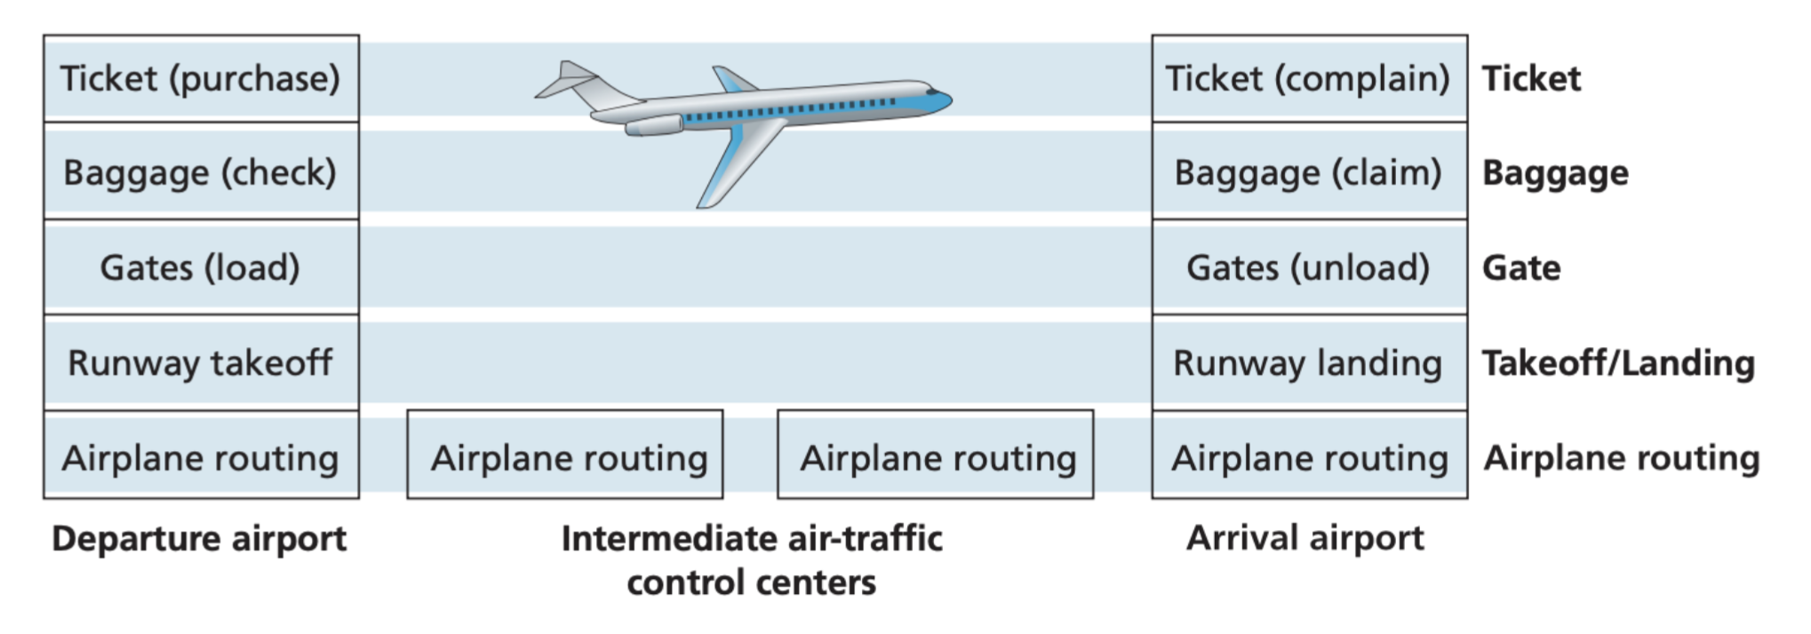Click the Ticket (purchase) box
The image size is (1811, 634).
(x=201, y=79)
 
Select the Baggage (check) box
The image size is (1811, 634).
(x=201, y=172)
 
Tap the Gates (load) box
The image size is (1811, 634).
(x=201, y=267)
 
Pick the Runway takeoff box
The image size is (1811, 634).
(x=201, y=362)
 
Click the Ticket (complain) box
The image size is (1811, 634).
(x=1309, y=79)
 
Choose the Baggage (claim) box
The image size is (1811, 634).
(x=1309, y=172)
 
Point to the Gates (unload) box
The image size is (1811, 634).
(x=1309, y=267)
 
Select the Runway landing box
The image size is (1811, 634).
(x=1309, y=362)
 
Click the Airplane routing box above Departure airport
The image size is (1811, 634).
(x=201, y=457)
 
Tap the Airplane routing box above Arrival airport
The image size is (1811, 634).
(x=1309, y=457)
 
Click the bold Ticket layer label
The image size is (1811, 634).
(x=1531, y=79)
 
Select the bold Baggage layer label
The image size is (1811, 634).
(x=1555, y=172)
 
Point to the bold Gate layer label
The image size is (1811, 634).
(x=1520, y=267)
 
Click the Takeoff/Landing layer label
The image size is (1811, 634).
(x=1618, y=362)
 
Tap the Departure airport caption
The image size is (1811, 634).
(x=199, y=538)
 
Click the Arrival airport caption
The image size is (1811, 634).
(x=1305, y=538)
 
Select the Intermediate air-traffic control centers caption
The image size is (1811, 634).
(x=752, y=560)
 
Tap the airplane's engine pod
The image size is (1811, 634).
(x=654, y=125)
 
